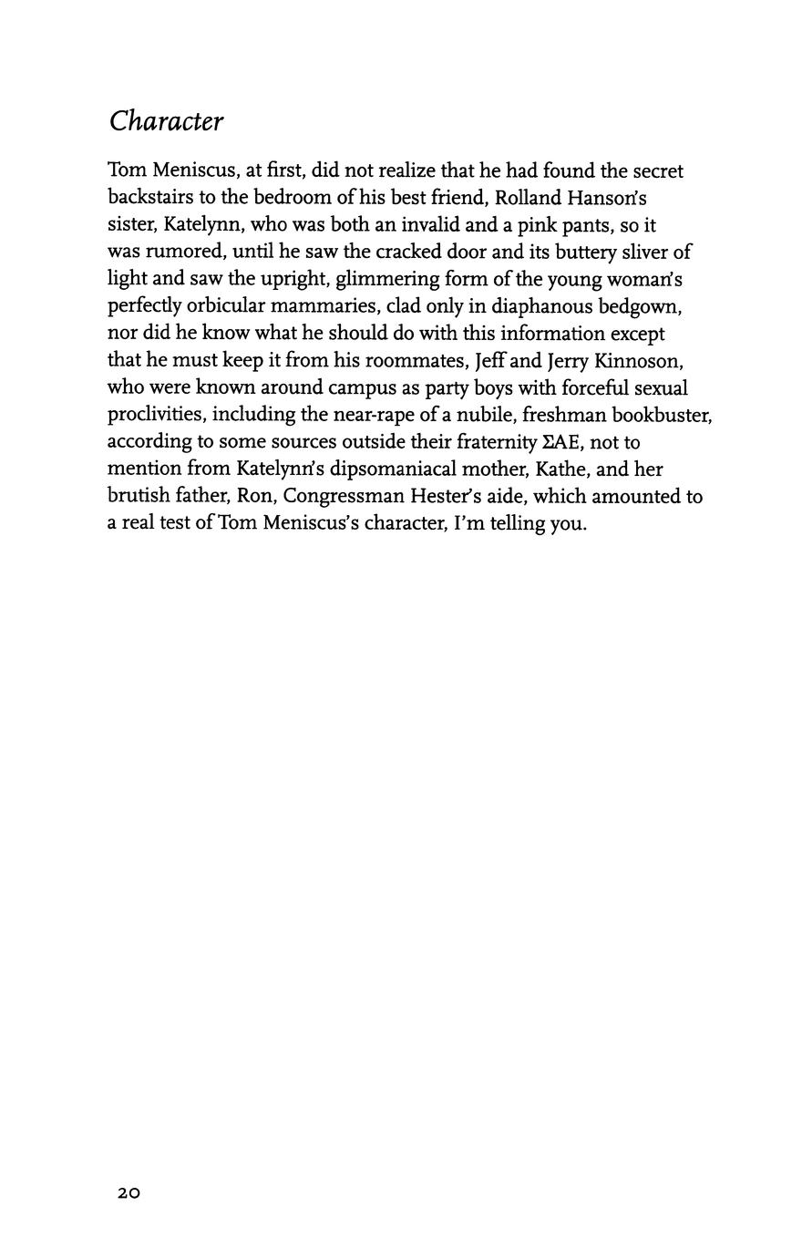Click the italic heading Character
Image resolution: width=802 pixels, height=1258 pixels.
point(166,121)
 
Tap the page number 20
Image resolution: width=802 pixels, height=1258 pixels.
point(129,1192)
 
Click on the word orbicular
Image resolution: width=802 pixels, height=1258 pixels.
point(225,306)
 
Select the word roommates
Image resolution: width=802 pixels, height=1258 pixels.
point(409,360)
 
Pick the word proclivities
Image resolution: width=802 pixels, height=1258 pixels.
point(154,415)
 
